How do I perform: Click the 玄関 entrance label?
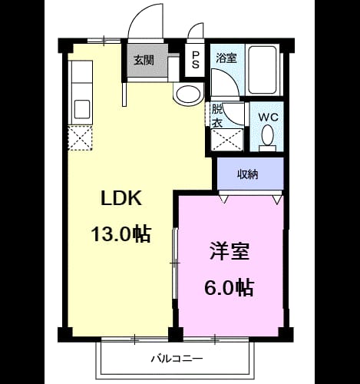(144, 60)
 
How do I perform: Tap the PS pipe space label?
(195, 60)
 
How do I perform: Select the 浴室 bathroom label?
(226, 58)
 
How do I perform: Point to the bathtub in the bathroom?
(263, 70)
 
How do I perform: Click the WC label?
(268, 118)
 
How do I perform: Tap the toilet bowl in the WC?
(268, 135)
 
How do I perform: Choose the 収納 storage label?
(247, 174)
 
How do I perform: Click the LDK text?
(121, 198)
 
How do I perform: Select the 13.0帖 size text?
(121, 233)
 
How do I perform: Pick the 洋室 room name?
(230, 251)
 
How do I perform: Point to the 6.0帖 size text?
(229, 287)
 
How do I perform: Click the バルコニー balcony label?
(177, 358)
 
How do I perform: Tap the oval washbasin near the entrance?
(189, 94)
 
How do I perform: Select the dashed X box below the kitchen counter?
(81, 137)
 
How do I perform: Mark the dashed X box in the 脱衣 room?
(227, 140)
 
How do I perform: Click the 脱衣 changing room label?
(217, 116)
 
